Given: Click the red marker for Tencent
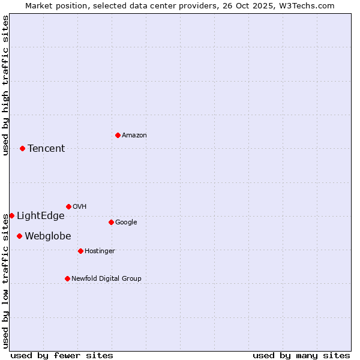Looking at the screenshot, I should [x=22, y=148].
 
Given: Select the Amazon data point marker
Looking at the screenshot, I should [x=118, y=135].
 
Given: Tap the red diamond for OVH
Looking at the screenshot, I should [x=68, y=206].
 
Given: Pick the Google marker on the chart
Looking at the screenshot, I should [x=111, y=222].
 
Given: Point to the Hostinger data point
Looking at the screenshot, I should [x=80, y=251].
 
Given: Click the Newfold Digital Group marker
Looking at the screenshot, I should [x=67, y=278].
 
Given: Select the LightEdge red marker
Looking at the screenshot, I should [x=11, y=215].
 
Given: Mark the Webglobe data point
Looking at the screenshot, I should [x=19, y=236].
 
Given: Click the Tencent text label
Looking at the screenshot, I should [x=46, y=149].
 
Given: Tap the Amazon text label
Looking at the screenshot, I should [x=134, y=136].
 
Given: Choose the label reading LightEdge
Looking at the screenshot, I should [x=40, y=216].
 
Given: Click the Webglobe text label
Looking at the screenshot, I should [x=47, y=236].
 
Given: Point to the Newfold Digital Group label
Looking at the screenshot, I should [x=106, y=278].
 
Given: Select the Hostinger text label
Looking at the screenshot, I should [x=100, y=251].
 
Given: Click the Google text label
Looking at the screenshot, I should [x=126, y=222].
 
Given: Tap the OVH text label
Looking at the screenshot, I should [x=80, y=206].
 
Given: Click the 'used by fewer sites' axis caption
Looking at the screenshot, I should [x=62, y=355].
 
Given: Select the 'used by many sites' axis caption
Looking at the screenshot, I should [x=301, y=355].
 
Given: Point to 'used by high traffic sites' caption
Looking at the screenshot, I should [x=5, y=85].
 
